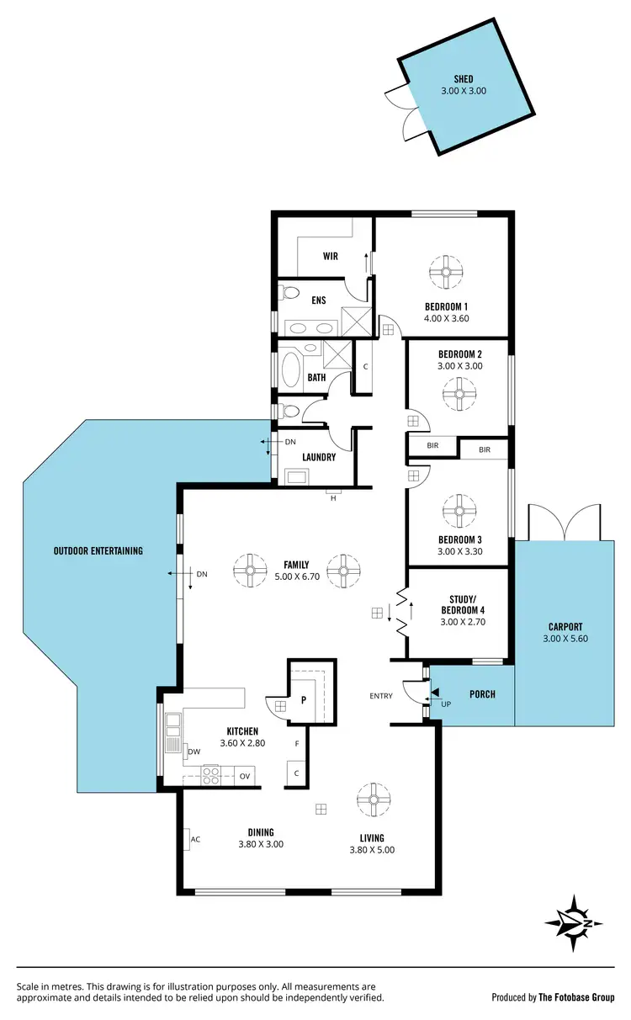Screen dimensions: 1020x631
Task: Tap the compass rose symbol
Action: click(574, 923)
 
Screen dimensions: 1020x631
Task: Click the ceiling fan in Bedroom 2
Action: click(460, 393)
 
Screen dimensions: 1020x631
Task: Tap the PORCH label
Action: click(482, 694)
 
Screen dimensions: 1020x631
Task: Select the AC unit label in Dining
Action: click(195, 839)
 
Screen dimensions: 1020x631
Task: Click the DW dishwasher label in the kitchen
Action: click(194, 752)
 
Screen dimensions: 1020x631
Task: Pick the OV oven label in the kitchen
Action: click(246, 776)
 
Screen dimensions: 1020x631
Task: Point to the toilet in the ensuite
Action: click(289, 294)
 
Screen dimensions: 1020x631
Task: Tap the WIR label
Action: click(330, 256)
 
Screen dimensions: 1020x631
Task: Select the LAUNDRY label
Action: click(319, 458)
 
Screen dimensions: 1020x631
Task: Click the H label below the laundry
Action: click(333, 498)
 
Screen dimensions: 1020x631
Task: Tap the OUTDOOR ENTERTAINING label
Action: click(98, 551)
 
